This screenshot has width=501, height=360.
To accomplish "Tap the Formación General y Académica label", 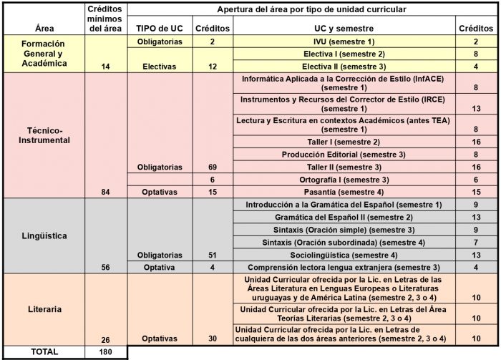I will pyautogui.click(x=43, y=53).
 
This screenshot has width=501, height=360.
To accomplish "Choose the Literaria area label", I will pyautogui.click(x=43, y=309).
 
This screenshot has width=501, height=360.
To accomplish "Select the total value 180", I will pyautogui.click(x=106, y=352).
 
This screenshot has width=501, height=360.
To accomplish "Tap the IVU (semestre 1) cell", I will pyautogui.click(x=345, y=42).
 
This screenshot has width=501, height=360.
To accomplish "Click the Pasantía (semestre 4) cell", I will pyautogui.click(x=345, y=191).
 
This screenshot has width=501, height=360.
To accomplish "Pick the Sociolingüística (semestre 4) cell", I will pyautogui.click(x=345, y=255).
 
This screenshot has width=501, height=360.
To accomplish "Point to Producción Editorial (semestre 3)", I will pyautogui.click(x=345, y=154).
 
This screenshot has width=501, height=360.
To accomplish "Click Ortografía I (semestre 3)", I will pyautogui.click(x=345, y=179).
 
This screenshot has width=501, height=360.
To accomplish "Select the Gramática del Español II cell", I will pyautogui.click(x=345, y=217).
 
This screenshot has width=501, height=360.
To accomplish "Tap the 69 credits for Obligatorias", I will pyautogui.click(x=213, y=167).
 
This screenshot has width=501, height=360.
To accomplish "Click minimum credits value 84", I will pyautogui.click(x=106, y=191).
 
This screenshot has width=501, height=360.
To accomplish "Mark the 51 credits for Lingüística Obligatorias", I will pyautogui.click(x=213, y=255).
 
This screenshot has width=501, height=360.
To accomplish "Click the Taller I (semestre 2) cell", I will pyautogui.click(x=345, y=142).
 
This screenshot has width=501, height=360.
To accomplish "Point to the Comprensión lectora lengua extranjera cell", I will pyautogui.click(x=345, y=268).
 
